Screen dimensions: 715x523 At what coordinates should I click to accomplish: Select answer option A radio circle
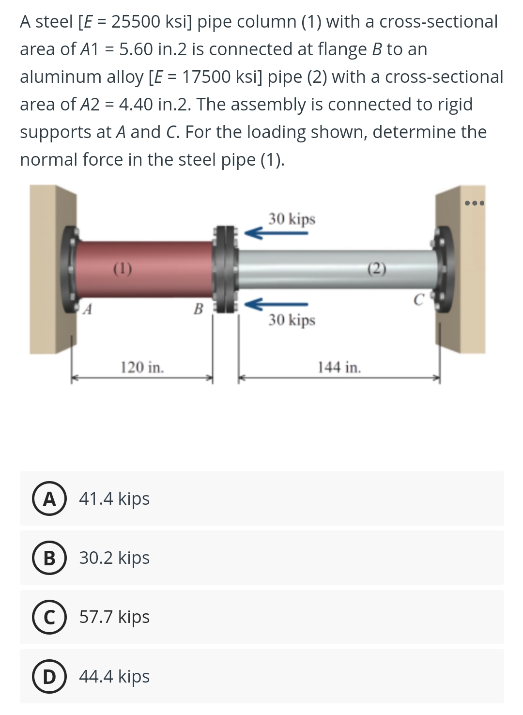pyautogui.click(x=49, y=498)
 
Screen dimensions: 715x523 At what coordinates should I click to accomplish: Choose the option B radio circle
pyautogui.click(x=49, y=558)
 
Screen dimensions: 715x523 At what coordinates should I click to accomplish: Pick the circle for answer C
pyautogui.click(x=49, y=617)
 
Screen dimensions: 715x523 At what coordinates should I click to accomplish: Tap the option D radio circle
pyautogui.click(x=49, y=676)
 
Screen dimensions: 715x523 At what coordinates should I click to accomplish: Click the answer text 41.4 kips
pyautogui.click(x=114, y=498)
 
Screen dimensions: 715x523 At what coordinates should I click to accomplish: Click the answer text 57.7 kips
pyautogui.click(x=114, y=617)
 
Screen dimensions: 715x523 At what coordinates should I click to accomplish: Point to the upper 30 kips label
pyautogui.click(x=292, y=219)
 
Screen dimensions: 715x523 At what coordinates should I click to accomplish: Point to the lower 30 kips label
pyautogui.click(x=292, y=320)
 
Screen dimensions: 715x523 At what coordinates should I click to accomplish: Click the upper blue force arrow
pyautogui.click(x=276, y=233)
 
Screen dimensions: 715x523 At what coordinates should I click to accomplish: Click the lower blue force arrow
pyautogui.click(x=276, y=304)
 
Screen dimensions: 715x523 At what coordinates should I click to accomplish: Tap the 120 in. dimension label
pyautogui.click(x=142, y=367)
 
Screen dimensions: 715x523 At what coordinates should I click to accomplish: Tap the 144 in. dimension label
pyautogui.click(x=339, y=367)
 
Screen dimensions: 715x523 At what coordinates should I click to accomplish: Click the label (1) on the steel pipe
pyautogui.click(x=123, y=268)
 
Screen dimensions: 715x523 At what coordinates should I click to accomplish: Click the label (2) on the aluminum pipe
pyautogui.click(x=377, y=268)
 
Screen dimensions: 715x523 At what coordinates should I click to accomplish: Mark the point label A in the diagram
pyautogui.click(x=88, y=308)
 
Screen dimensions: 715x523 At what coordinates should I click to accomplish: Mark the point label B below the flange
pyautogui.click(x=198, y=309)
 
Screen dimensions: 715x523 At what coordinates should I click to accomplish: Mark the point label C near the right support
pyautogui.click(x=419, y=300)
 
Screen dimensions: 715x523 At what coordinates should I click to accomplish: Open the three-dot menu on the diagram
pyautogui.click(x=474, y=203)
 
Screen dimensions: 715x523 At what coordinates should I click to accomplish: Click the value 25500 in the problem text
pyautogui.click(x=136, y=22)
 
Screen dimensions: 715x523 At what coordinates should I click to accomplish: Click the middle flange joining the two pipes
pyautogui.click(x=225, y=269)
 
